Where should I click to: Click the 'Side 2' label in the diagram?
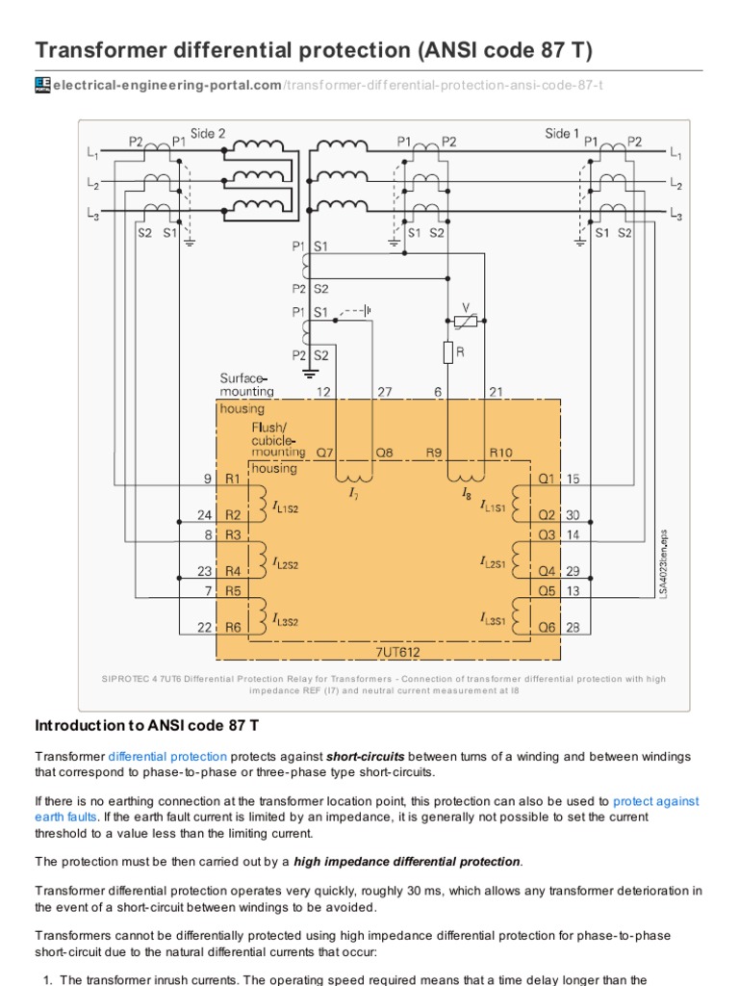tap(208, 134)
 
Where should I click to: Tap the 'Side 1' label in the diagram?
tap(563, 134)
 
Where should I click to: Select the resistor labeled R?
tap(447, 353)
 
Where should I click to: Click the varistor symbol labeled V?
tap(465, 319)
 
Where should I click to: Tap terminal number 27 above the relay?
tap(385, 391)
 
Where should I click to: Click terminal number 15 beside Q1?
tap(573, 479)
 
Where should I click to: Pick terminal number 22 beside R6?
tap(205, 627)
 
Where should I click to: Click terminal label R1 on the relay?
tap(233, 479)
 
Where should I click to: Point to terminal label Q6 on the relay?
tap(547, 627)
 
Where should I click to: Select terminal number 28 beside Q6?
tap(573, 627)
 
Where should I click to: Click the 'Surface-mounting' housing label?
tap(246, 384)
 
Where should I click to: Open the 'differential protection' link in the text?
tap(167, 757)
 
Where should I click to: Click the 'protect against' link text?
tap(655, 800)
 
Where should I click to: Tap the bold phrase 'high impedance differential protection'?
tap(407, 860)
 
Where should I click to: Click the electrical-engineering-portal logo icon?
tap(42, 86)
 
